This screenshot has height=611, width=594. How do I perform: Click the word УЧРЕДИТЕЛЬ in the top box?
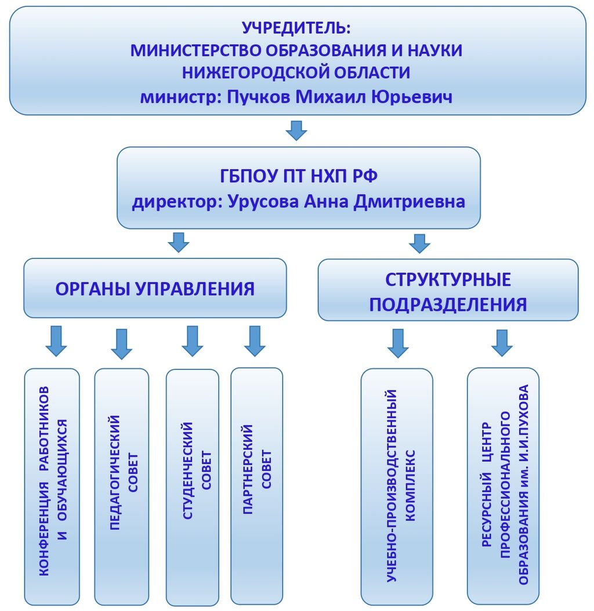[296, 27]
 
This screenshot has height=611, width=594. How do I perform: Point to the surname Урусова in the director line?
[263, 202]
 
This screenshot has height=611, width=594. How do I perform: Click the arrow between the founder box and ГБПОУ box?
[296, 130]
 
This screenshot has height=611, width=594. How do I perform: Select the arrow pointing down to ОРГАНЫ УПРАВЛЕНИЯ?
[179, 242]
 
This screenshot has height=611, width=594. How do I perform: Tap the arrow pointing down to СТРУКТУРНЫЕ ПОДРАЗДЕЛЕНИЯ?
[419, 243]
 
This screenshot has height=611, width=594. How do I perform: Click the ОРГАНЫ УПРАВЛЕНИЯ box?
[155, 289]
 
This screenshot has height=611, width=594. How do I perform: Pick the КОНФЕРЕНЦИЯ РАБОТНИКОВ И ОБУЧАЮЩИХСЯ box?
[52, 486]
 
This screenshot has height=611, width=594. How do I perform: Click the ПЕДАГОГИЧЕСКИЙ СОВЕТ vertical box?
[122, 486]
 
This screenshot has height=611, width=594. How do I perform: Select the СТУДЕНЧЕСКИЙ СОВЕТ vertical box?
[193, 487]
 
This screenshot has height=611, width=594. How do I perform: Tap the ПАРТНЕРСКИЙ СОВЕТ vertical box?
[257, 486]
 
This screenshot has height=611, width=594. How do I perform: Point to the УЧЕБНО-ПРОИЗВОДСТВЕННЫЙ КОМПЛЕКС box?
[397, 486]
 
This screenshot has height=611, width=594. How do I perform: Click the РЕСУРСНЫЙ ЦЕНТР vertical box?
[503, 486]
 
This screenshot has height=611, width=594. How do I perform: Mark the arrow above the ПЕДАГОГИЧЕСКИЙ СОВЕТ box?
[122, 344]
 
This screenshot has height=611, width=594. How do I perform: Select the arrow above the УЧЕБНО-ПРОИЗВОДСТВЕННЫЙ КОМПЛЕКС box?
[398, 343]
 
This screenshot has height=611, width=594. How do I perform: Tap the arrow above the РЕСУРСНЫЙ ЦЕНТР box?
[502, 343]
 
